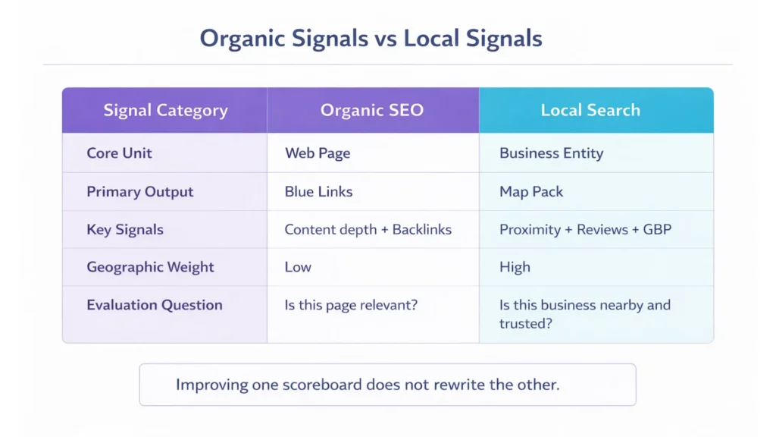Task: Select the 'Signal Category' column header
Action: (x=165, y=111)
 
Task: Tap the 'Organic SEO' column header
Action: (x=372, y=111)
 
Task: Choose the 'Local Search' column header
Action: (x=590, y=111)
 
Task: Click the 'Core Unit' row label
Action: (x=119, y=153)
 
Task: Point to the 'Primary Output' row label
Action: (x=140, y=192)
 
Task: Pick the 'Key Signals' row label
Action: (x=125, y=230)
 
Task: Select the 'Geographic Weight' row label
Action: (x=150, y=267)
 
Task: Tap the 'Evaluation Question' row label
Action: (x=155, y=305)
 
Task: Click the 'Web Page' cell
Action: (x=318, y=153)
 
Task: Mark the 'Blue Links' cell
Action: (x=318, y=192)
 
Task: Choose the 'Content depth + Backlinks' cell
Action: (x=368, y=230)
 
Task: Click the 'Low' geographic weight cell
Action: (x=298, y=267)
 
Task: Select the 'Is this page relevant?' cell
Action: (x=352, y=305)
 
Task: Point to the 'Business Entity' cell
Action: (x=552, y=153)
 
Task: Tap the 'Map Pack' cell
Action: (x=531, y=192)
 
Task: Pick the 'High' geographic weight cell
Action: (x=515, y=267)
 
